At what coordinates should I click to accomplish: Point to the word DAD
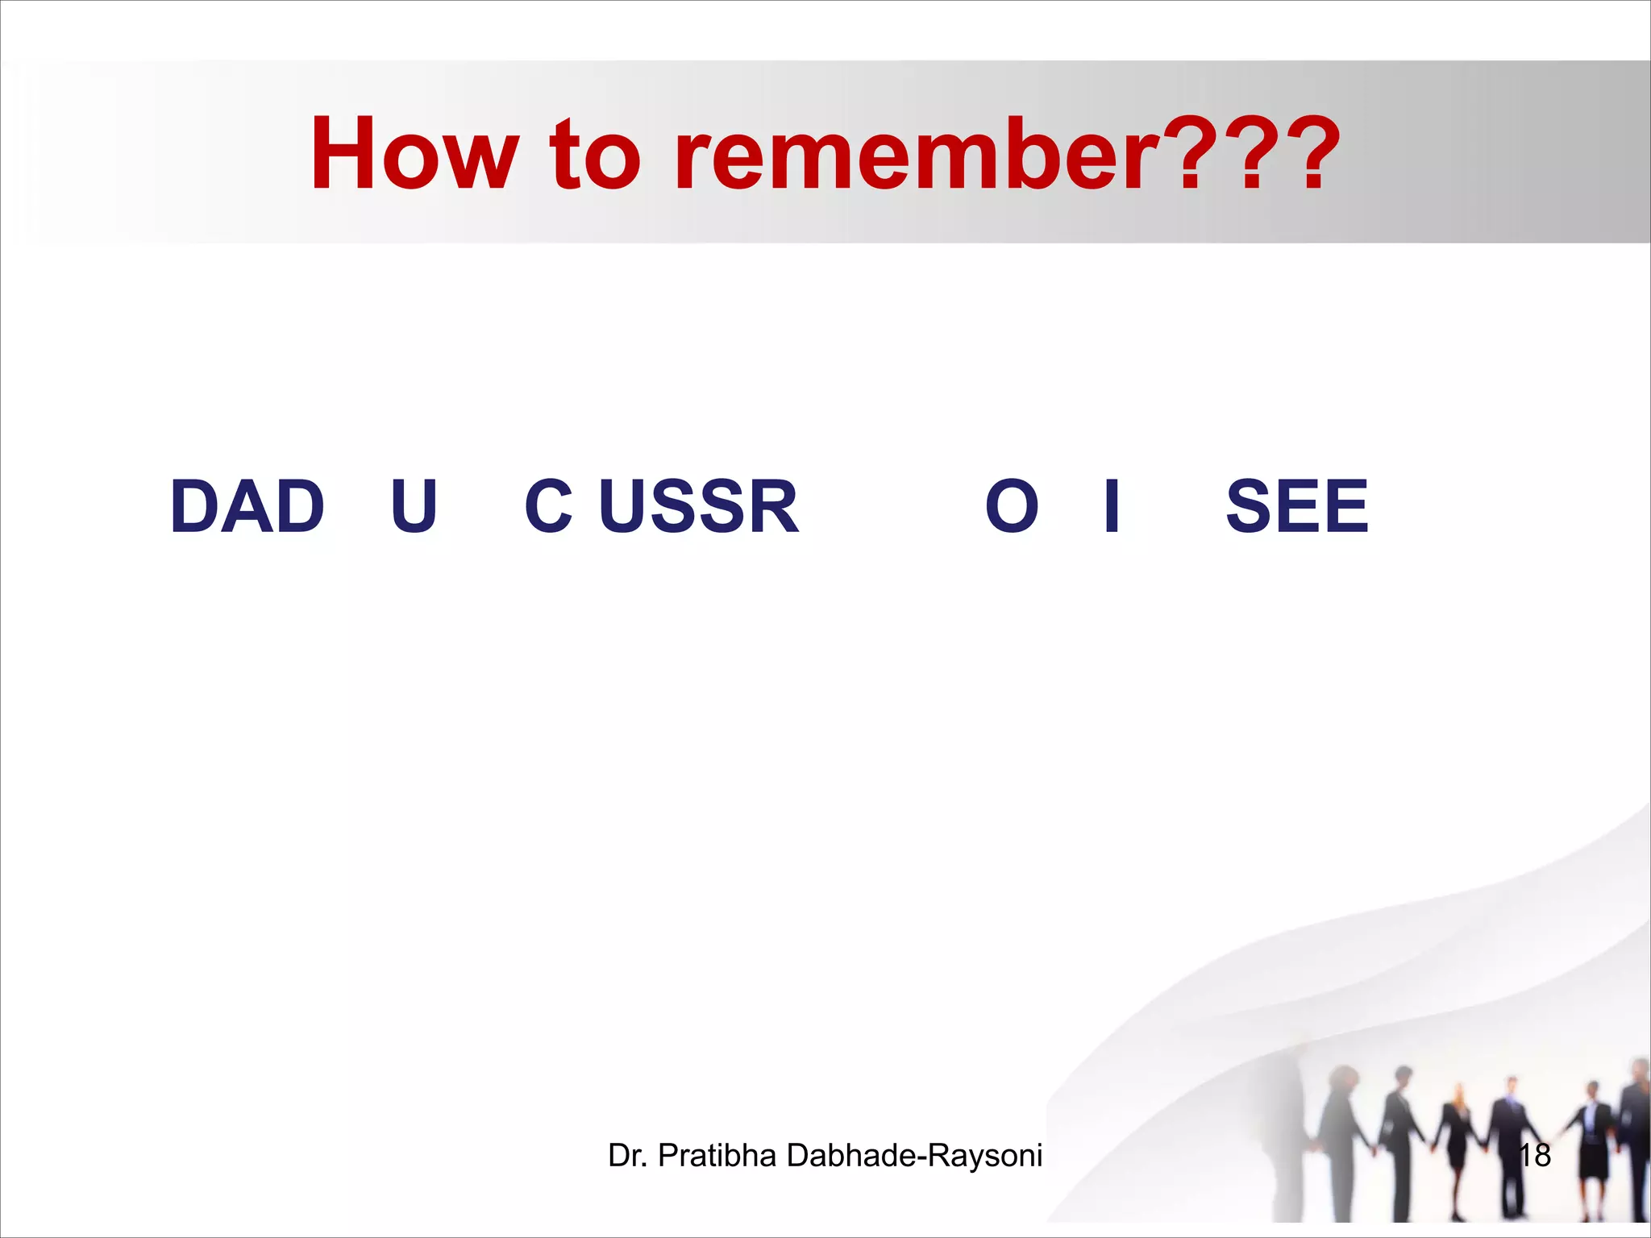coord(247,507)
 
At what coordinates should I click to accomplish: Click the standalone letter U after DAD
coord(414,507)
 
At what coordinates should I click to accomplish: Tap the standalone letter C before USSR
coord(549,507)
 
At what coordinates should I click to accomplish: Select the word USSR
coord(698,507)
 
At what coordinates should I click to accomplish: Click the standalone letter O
coord(1012,507)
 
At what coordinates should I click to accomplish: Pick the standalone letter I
coord(1112,507)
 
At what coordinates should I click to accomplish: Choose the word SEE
coord(1297,507)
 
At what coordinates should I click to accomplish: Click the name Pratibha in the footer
coord(717,1155)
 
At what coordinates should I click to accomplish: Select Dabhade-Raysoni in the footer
coord(914,1155)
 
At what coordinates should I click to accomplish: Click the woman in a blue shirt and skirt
coord(1592,1145)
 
